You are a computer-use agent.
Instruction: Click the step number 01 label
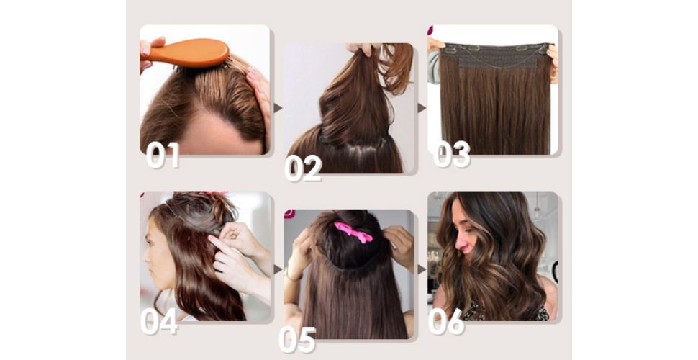pos(163,155)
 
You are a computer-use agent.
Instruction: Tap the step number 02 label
pos(303,168)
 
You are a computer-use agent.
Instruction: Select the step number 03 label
pos(451,154)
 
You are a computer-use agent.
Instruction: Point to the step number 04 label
pos(159,321)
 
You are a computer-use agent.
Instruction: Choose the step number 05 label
pos(297,340)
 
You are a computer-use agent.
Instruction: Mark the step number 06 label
pos(446,322)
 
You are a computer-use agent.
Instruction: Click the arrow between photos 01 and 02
pos(278,108)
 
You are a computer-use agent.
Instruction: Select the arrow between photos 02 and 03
pos(422,108)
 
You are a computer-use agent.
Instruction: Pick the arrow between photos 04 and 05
pos(278,269)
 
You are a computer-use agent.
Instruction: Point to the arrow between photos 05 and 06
pos(422,269)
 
